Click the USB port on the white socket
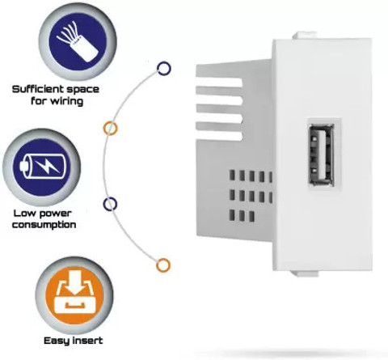point(321,155)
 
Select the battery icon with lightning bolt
point(43,166)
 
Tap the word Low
point(24,214)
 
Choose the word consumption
point(44,225)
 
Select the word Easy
point(57,341)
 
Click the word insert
point(88,341)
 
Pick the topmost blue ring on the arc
point(164,68)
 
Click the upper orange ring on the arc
point(111,128)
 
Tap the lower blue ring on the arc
point(110,204)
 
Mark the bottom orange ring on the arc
point(163,265)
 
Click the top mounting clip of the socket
point(305,36)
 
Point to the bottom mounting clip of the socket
point(305,273)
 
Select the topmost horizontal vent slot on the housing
point(219,83)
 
